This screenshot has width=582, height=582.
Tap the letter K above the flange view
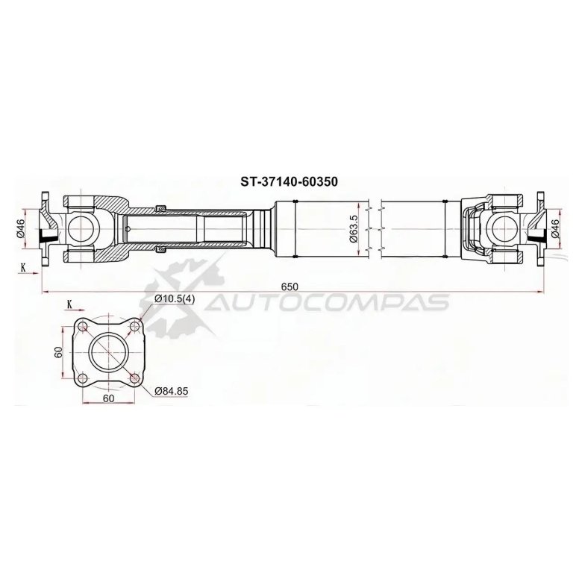coord(69,304)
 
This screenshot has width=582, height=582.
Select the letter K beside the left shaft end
coord(23,266)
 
